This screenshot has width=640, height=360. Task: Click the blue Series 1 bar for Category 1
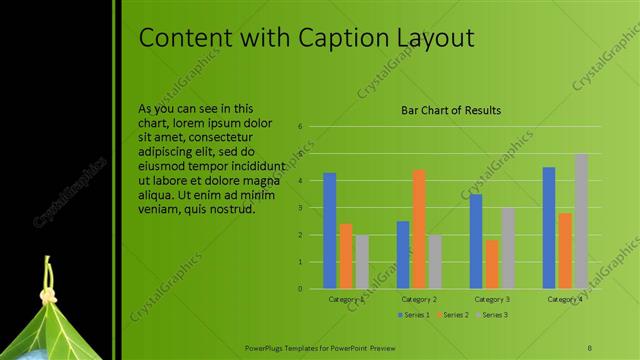[330, 231]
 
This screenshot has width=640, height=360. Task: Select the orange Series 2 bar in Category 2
[419, 229]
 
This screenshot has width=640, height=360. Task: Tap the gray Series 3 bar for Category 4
[581, 221]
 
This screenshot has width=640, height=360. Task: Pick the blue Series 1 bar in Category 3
[476, 241]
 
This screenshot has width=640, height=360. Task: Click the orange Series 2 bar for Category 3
[492, 264]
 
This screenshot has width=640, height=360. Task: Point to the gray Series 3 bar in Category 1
[362, 262]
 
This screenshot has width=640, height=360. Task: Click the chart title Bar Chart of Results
[451, 111]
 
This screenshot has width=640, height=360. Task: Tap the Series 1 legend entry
[413, 315]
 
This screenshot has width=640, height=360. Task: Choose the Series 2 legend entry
[451, 315]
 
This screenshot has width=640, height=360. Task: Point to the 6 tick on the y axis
[301, 127]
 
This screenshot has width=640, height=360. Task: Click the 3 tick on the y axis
[301, 208]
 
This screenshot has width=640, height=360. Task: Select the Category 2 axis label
[419, 299]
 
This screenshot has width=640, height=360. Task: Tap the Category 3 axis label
[492, 299]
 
